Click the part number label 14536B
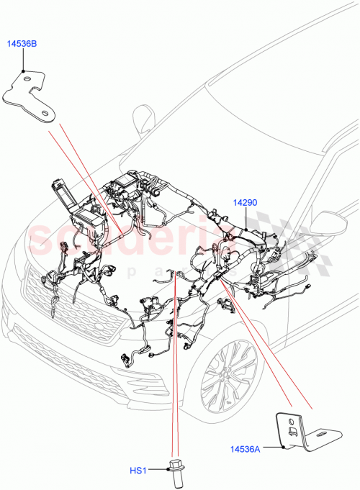(x=23, y=45)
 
